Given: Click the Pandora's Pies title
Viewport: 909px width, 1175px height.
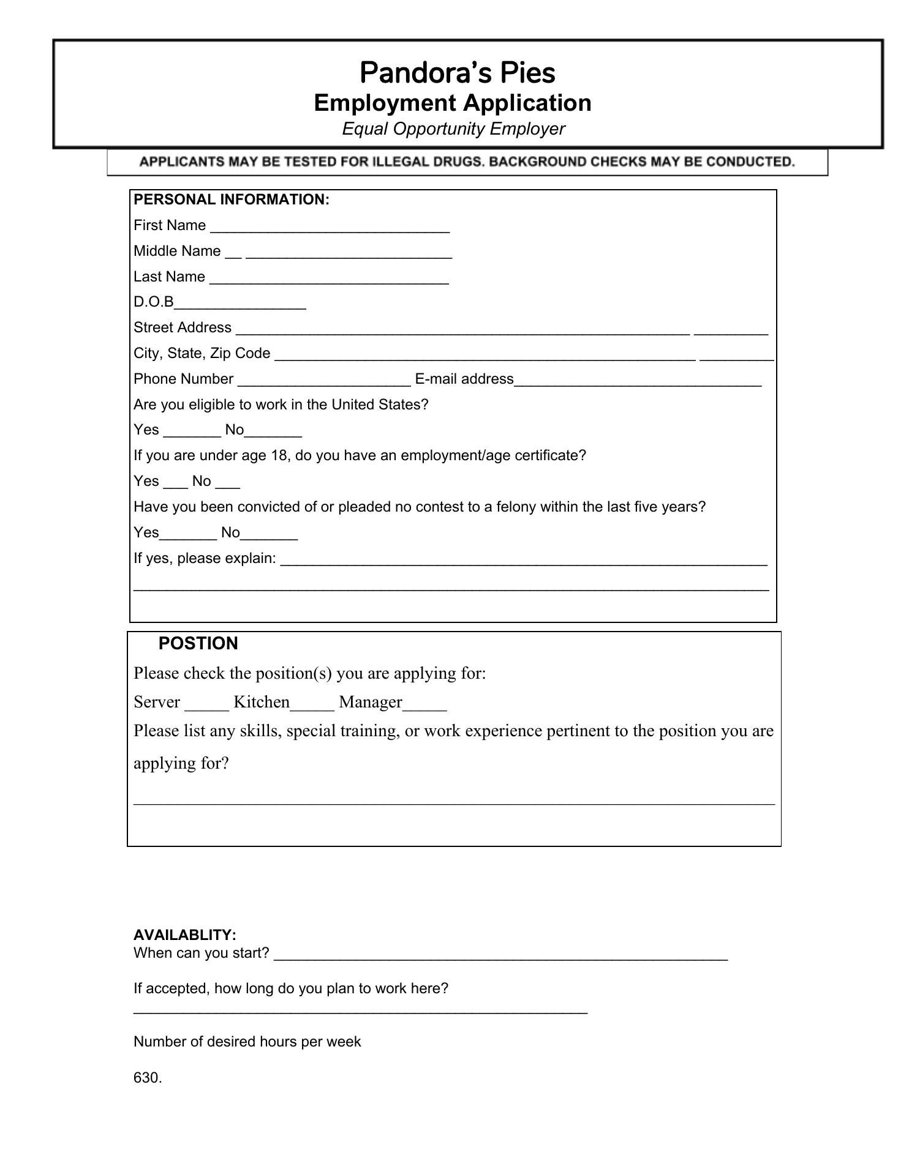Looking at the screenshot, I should click(457, 73).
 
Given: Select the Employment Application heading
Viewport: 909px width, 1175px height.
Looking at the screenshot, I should click(453, 103).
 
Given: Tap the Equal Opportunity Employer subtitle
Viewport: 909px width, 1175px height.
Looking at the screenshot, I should click(453, 129).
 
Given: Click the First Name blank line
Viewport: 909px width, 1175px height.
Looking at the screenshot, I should click(330, 228).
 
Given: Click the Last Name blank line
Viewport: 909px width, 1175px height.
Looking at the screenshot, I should click(329, 279).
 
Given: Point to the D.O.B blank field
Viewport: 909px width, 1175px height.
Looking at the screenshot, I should click(240, 304).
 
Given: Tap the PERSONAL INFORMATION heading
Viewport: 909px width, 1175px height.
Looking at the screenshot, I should click(232, 200).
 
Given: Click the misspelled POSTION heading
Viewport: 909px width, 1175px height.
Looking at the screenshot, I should click(198, 644).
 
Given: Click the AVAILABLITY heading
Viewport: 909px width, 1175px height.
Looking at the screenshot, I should click(185, 935).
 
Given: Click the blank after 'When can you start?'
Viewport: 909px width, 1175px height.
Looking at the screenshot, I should click(500, 956).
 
